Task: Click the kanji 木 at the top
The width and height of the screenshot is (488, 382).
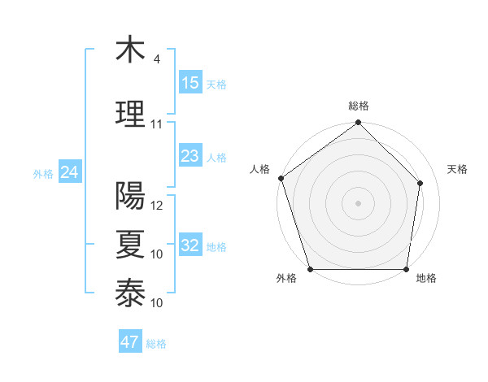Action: coord(129,50)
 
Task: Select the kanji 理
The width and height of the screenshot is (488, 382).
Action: coord(129,113)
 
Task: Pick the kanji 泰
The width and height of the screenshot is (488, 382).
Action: coord(129,293)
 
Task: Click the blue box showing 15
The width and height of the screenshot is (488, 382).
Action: coord(190,83)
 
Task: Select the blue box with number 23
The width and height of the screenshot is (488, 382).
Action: coord(190,156)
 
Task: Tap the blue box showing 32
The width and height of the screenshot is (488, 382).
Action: coord(190,245)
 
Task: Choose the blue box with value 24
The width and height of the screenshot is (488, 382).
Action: coord(69,172)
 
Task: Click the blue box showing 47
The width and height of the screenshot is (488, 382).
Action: coord(130,342)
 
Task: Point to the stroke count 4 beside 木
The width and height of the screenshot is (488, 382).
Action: coord(156,59)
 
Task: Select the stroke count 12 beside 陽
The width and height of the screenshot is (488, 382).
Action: coord(157,206)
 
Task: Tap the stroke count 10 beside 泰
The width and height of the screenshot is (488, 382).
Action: coord(157,303)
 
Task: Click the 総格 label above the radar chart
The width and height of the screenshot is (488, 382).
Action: coord(359,106)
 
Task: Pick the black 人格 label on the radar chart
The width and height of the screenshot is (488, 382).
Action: coord(260,169)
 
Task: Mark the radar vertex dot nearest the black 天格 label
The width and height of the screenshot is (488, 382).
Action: coord(420,183)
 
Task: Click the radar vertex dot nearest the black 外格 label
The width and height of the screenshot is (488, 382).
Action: coord(311,269)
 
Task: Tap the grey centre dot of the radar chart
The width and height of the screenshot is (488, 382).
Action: coord(358,202)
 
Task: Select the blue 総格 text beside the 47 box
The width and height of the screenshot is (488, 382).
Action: coord(156,344)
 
